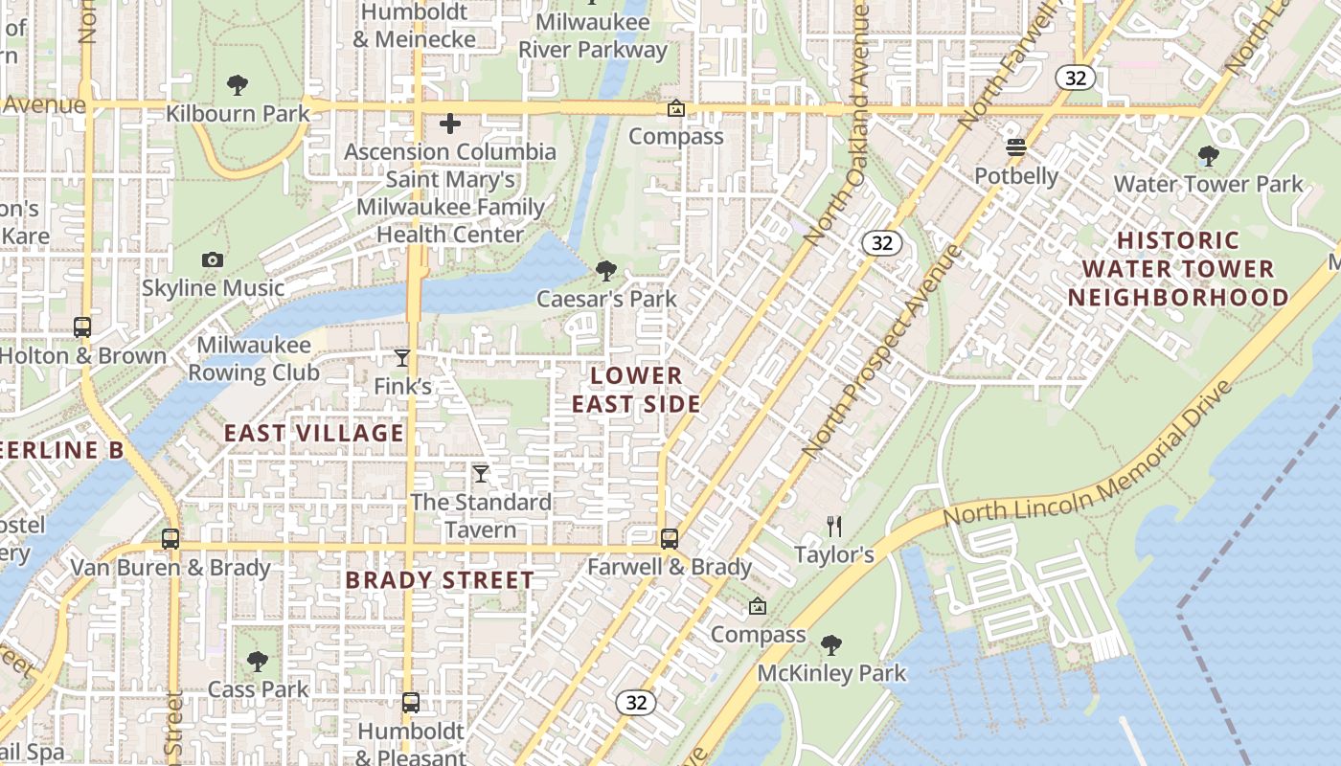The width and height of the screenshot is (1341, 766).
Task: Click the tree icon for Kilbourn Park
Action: coord(238,85)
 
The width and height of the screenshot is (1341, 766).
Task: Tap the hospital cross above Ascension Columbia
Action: coord(450,124)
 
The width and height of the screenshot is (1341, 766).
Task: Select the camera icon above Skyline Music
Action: coord(213,259)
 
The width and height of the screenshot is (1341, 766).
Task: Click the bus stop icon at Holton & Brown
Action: coord(82,327)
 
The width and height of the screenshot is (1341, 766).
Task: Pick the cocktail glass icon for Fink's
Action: coord(402,358)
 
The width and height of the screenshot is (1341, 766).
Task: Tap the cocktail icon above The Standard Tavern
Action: coord(481,474)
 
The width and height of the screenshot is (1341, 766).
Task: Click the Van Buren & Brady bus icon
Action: coord(170,539)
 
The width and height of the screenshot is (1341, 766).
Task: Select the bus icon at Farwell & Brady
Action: coord(670,539)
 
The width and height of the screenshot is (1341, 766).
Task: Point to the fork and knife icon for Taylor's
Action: coord(834,526)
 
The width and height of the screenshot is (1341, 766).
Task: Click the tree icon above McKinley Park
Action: coord(831,644)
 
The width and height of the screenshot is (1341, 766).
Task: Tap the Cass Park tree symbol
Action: coord(257,661)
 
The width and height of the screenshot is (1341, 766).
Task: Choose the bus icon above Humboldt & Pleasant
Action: coord(411,703)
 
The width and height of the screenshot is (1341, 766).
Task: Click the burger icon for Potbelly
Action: coord(1016,147)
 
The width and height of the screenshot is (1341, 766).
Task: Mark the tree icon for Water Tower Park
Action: coord(1209,155)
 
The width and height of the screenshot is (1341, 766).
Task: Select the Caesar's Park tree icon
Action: coord(606,271)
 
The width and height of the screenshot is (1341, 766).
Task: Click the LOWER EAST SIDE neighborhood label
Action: coord(637,390)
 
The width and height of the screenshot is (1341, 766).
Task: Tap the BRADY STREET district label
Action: coord(440,580)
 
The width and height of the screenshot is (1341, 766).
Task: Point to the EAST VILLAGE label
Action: coord(314,433)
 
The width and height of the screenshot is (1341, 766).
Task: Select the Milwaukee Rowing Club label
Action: coord(254,358)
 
